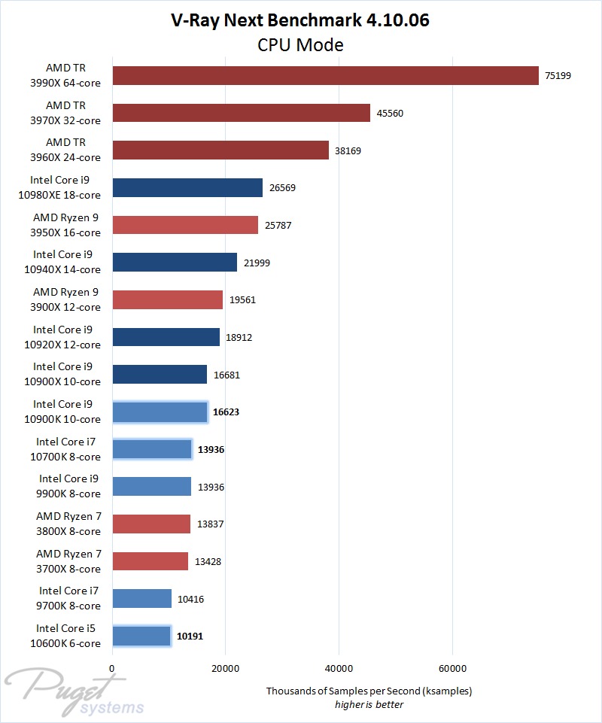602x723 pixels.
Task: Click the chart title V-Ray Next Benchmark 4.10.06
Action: pos(300,20)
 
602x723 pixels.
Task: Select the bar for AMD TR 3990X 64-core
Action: pos(325,75)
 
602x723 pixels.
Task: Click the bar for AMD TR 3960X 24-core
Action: pos(220,150)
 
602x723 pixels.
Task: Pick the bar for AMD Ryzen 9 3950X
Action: pos(185,225)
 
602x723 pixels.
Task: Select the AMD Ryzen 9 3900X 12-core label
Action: pos(66,299)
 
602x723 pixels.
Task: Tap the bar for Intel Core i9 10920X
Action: pos(166,337)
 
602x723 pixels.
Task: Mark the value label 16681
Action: pos(227,375)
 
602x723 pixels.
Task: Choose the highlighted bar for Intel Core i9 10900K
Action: pos(160,412)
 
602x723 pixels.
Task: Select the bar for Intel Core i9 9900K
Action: pos(151,487)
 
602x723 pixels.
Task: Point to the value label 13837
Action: pos(210,524)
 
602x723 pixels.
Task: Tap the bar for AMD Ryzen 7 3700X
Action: pos(150,561)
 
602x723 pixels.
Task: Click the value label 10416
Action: pos(190,599)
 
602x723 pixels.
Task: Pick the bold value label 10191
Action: pos(190,636)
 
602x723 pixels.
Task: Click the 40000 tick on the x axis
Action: pos(339,668)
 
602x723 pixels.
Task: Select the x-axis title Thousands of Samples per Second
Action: pos(369,691)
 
